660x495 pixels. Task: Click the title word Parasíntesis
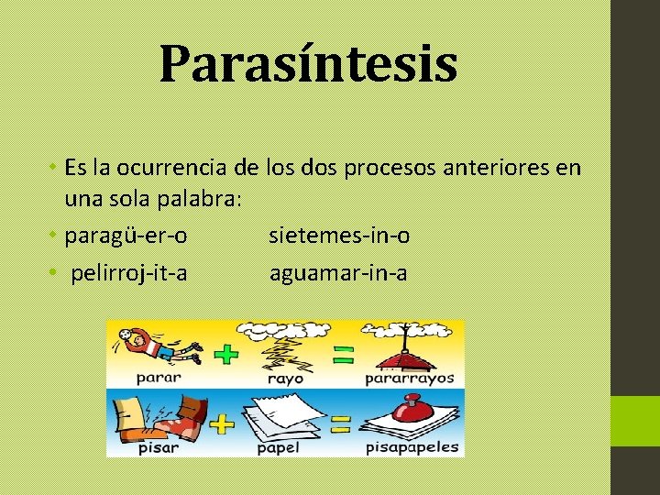tap(308, 64)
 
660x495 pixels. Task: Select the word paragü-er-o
tap(126, 236)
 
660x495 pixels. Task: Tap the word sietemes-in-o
tap(339, 236)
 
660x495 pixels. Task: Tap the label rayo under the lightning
tap(284, 378)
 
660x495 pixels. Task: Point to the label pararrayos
tap(410, 378)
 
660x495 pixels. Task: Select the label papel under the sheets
tap(278, 448)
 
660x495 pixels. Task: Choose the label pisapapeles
tap(412, 448)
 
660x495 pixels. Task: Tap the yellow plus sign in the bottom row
tap(222, 423)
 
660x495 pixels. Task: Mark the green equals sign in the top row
tap(342, 354)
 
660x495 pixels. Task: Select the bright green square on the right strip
tap(635, 421)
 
